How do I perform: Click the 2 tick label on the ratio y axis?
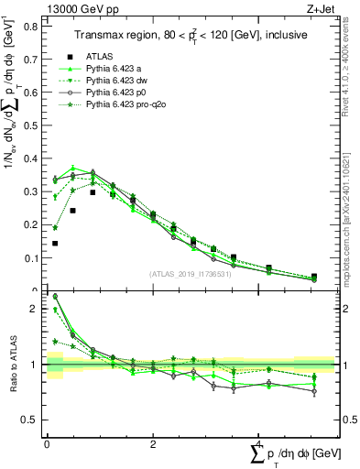point(36,309)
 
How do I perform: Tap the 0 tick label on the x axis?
point(47,442)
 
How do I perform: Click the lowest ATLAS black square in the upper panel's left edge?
point(55,244)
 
